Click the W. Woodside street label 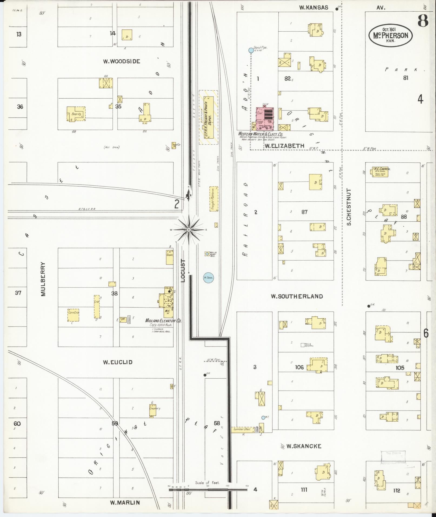pyautogui.click(x=122, y=61)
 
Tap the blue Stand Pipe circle pyautogui.click(x=251, y=50)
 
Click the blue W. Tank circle pyautogui.click(x=208, y=278)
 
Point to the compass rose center pyautogui.click(x=188, y=230)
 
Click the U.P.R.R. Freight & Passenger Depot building pyautogui.click(x=208, y=117)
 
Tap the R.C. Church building pyautogui.click(x=381, y=172)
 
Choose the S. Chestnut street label pyautogui.click(x=349, y=207)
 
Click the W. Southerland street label pyautogui.click(x=297, y=296)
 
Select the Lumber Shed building pyautogui.click(x=242, y=429)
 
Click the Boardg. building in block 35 pyautogui.click(x=76, y=114)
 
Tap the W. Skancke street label pyautogui.click(x=304, y=446)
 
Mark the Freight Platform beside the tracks pyautogui.click(x=214, y=199)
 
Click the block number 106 pyautogui.click(x=299, y=367)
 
